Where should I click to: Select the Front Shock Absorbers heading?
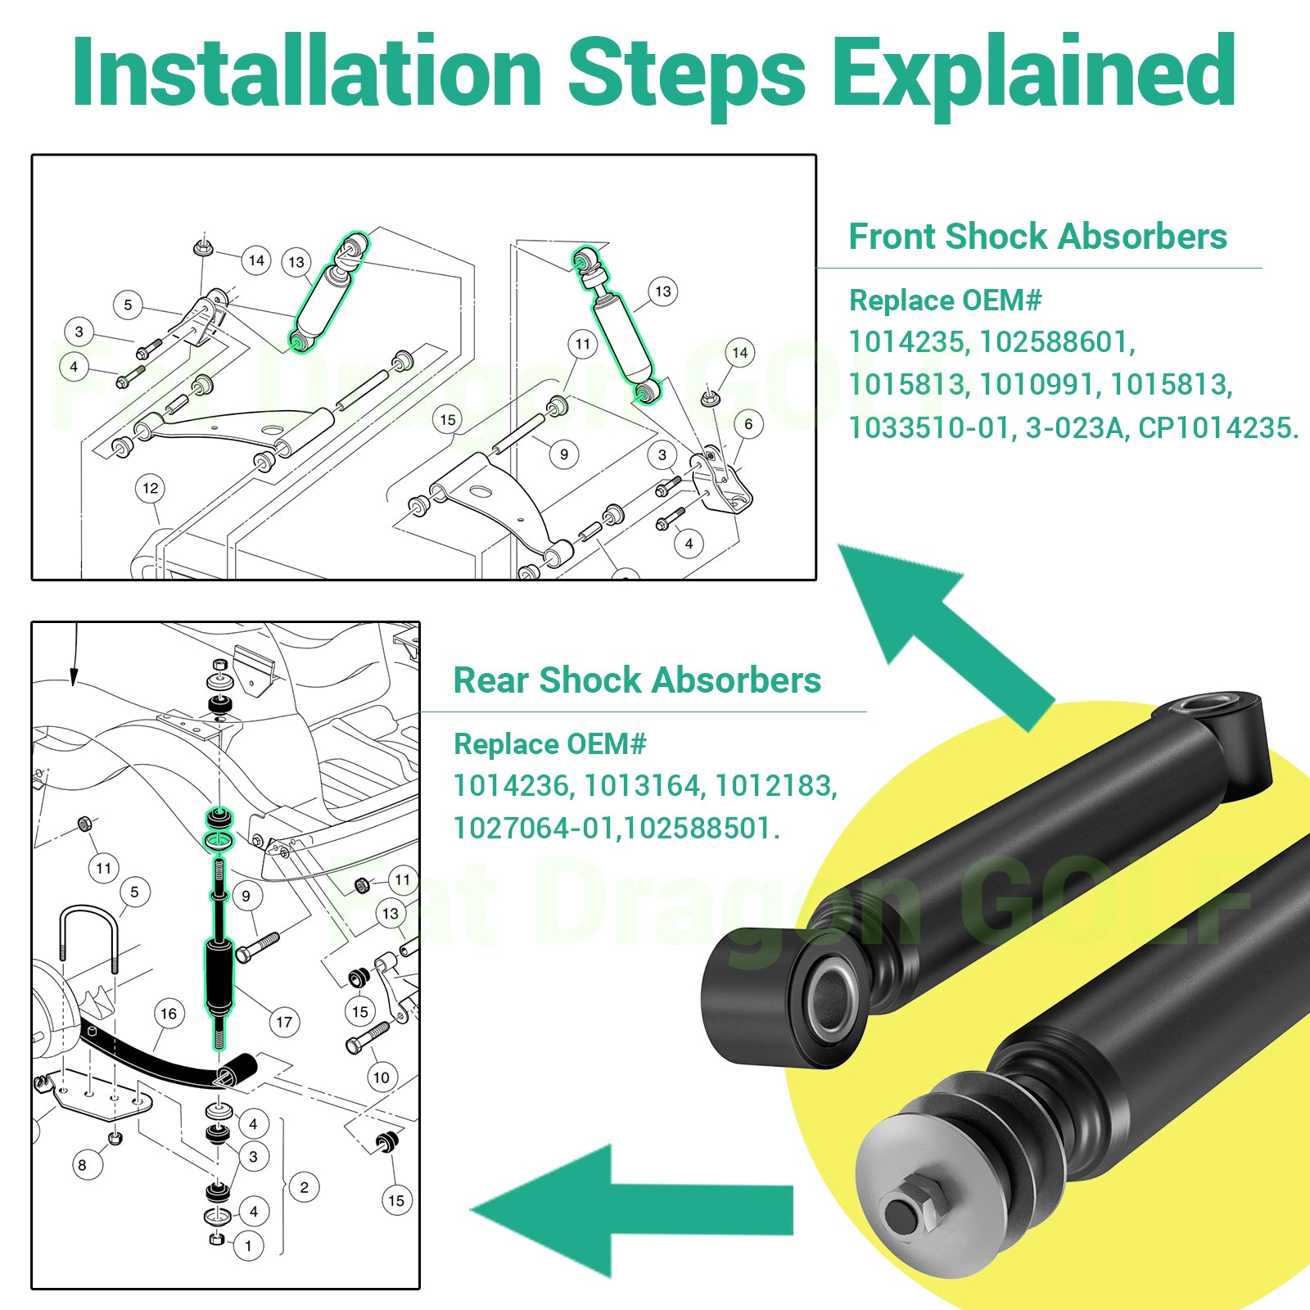(x=1038, y=237)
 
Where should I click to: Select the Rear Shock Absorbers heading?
(x=637, y=680)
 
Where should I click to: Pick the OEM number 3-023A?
(x=1075, y=427)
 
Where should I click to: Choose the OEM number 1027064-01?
(x=534, y=829)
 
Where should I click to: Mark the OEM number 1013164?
(x=642, y=786)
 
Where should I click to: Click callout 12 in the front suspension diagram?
(x=151, y=489)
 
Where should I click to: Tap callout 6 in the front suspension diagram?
(x=748, y=424)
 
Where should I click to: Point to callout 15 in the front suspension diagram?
(x=448, y=420)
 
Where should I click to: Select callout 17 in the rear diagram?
(x=284, y=1023)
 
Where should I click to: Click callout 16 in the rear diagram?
(x=169, y=1014)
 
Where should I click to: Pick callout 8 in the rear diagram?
(x=82, y=1165)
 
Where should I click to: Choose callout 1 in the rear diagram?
(x=249, y=1247)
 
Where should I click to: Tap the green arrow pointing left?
(x=630, y=1210)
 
